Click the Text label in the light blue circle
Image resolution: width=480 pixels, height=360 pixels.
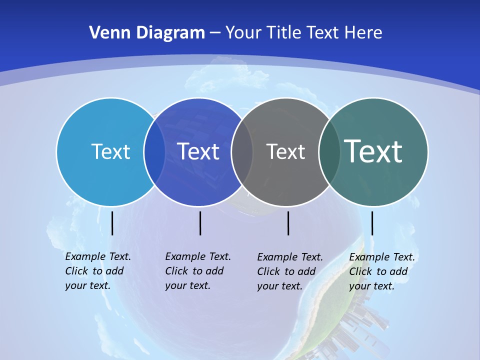click(x=110, y=151)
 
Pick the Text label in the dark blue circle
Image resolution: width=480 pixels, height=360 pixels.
click(x=198, y=151)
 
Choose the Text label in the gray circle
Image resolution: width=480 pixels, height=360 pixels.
click(x=285, y=151)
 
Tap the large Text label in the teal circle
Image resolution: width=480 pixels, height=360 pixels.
click(x=373, y=151)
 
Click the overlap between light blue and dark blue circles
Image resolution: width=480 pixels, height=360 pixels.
click(x=154, y=152)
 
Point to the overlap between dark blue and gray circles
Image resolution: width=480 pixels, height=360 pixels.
click(x=242, y=152)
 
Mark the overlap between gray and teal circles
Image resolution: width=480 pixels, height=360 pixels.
click(x=329, y=152)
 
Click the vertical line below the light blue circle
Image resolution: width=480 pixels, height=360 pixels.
click(x=112, y=223)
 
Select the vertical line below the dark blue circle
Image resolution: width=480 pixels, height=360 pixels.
click(x=200, y=223)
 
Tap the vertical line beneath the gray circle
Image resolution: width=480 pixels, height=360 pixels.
click(x=288, y=223)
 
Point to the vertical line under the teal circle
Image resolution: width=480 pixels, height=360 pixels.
click(x=372, y=223)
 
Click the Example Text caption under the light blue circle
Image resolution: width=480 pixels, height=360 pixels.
click(x=97, y=271)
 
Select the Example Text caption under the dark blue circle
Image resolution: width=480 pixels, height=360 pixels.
click(x=197, y=271)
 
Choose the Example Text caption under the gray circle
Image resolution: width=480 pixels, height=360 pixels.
click(x=289, y=271)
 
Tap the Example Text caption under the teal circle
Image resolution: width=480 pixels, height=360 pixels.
click(x=381, y=271)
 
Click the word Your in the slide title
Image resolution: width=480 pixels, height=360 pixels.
click(x=242, y=33)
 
